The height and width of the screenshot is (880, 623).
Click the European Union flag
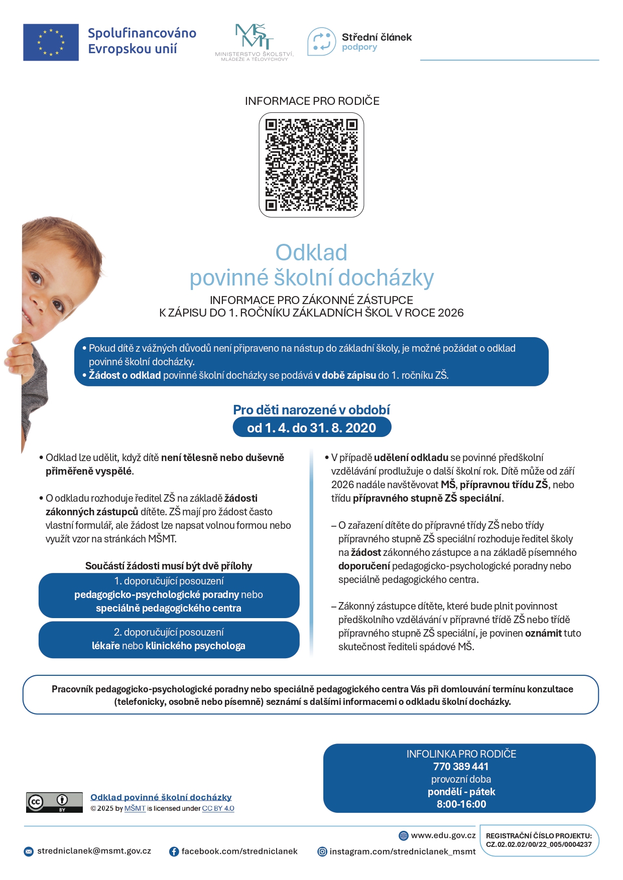coord(51,43)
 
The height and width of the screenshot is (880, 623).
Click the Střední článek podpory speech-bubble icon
coord(321,42)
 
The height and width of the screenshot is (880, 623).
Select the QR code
coord(311,165)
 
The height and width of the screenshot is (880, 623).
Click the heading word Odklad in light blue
coord(311,252)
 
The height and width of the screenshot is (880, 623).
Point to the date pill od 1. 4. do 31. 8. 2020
coord(312,427)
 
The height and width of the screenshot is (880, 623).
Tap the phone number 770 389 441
coord(461,766)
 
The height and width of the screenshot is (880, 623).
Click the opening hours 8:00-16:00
coord(461,804)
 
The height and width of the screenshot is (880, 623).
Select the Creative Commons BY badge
coord(54,802)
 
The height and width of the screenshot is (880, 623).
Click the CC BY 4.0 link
coord(218,808)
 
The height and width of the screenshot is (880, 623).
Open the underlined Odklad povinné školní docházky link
coord(161,797)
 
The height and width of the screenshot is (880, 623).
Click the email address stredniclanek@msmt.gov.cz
coord(94,851)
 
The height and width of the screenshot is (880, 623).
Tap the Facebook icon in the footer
coord(174,851)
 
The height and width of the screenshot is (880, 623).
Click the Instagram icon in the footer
coord(322,851)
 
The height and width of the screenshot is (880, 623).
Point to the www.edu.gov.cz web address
coord(443,835)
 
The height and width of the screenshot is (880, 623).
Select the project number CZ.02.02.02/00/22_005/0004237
coord(539,844)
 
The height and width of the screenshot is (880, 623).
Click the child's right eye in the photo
coord(36,277)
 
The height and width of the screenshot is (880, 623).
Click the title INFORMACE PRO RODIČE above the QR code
coord(312,101)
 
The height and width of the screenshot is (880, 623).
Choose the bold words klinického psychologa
coord(195,646)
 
